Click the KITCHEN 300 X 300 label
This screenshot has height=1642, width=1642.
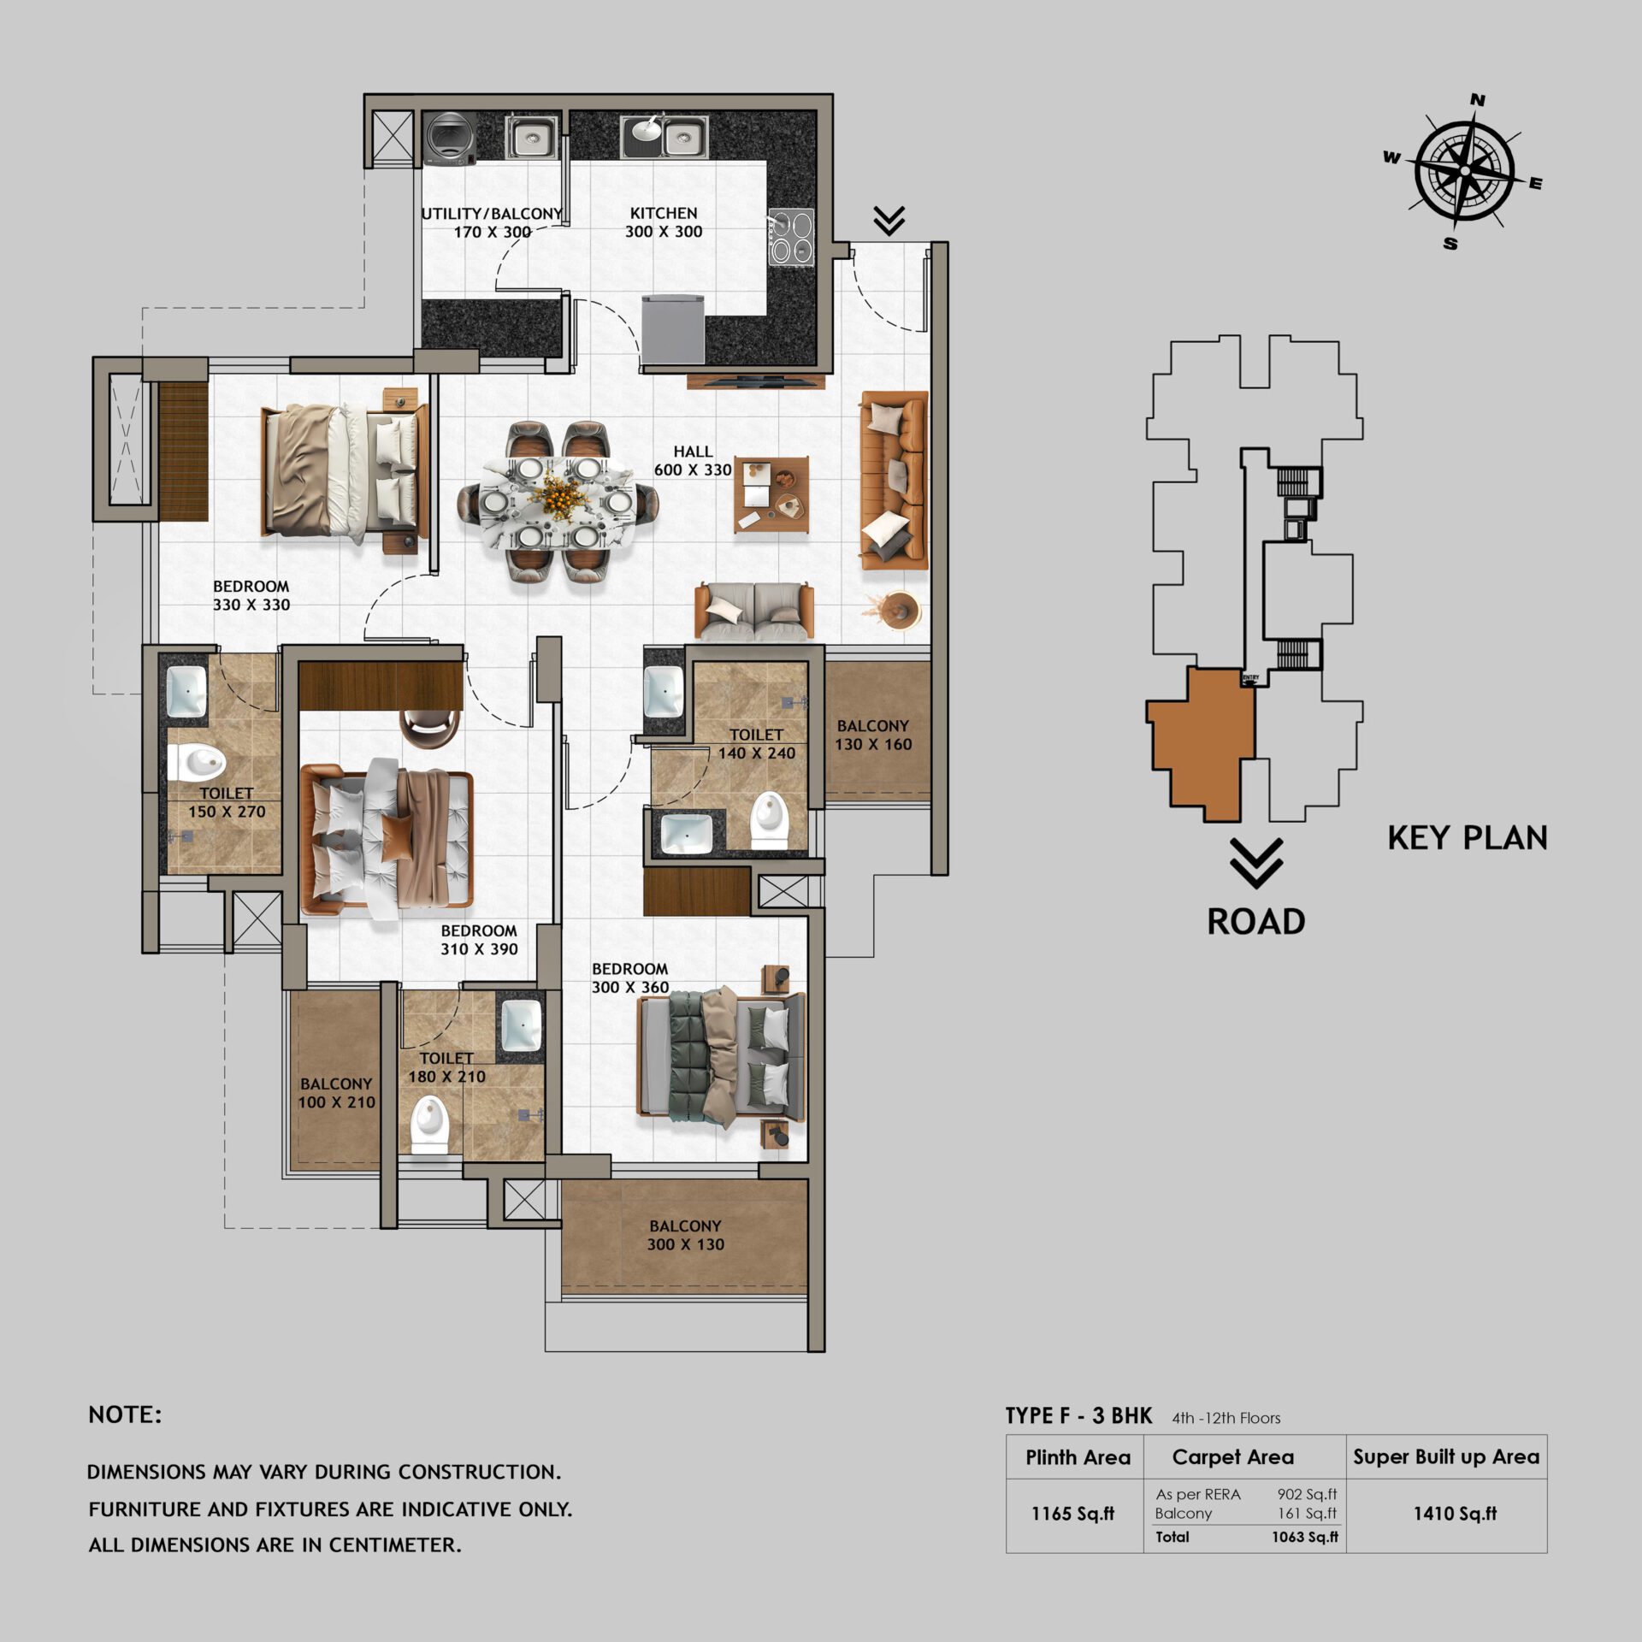point(664,222)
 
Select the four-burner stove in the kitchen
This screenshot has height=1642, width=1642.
point(790,237)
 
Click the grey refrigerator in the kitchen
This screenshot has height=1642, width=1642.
point(673,328)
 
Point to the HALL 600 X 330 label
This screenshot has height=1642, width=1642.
point(693,461)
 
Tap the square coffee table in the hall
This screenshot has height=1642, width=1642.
point(771,495)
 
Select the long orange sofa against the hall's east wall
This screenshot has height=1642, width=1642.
point(895,481)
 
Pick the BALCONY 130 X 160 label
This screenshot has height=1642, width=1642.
point(873,735)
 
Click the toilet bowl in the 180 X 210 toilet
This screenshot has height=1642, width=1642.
point(430,1127)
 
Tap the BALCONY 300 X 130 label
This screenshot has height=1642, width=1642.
point(685,1236)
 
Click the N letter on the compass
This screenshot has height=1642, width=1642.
point(1477,101)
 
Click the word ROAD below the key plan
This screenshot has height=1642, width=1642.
point(1255,922)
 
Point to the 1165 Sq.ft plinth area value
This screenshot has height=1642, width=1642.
point(1072,1514)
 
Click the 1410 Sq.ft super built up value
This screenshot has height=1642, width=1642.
point(1455,1514)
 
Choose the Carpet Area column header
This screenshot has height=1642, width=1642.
point(1232,1457)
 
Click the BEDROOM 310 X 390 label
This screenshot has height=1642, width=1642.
point(479,940)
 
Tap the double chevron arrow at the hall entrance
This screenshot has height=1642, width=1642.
point(889,221)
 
